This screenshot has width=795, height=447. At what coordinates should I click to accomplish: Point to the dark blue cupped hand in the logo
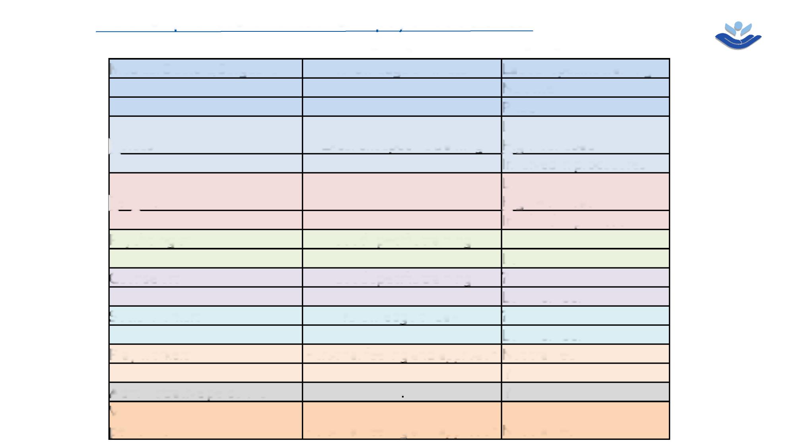[x=738, y=41]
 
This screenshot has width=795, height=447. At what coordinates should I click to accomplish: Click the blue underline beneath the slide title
[x=314, y=31]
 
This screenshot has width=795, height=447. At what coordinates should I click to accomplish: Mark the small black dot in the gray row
[x=403, y=396]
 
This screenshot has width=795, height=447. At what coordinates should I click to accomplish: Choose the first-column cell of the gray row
[x=206, y=392]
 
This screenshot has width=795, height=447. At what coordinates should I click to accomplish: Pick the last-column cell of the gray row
[x=585, y=392]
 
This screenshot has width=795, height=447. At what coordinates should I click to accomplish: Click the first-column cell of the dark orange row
[x=206, y=420]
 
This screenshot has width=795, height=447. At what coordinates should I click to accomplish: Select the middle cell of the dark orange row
[x=402, y=420]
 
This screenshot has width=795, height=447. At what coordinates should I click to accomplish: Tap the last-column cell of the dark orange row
[x=585, y=420]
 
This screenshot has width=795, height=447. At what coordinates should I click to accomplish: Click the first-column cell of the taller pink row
[x=206, y=191]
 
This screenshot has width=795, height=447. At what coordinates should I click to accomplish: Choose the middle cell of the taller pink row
[x=402, y=191]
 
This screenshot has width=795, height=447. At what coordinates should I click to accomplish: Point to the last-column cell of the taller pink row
[x=585, y=191]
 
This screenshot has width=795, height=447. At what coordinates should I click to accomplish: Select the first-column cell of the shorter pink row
[x=206, y=220]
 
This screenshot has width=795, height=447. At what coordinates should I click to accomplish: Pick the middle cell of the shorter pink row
[x=402, y=220]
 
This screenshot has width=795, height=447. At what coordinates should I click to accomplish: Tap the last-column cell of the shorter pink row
[x=585, y=220]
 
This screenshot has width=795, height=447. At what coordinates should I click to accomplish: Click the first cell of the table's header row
[x=206, y=68]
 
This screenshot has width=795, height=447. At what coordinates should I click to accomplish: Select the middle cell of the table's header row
[x=402, y=68]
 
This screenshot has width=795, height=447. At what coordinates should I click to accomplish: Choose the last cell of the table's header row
[x=585, y=68]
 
